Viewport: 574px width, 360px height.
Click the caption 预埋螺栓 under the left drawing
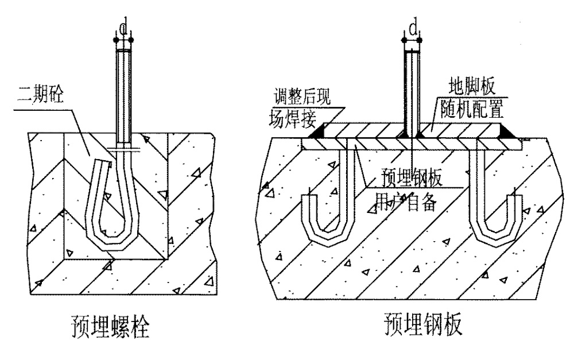(110, 326)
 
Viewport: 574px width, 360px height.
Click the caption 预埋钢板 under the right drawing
(424, 323)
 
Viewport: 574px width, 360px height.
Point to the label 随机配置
(472, 109)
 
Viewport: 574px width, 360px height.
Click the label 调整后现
(302, 96)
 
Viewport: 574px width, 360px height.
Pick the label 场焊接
(293, 118)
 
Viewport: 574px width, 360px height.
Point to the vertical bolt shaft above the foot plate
(413, 91)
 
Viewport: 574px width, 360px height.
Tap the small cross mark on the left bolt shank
(124, 149)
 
